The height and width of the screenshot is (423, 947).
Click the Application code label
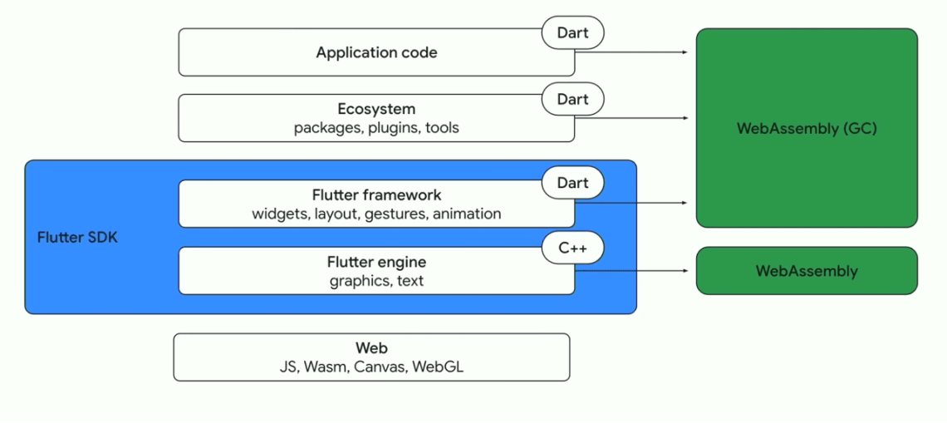(376, 53)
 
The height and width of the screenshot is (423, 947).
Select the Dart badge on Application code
(572, 33)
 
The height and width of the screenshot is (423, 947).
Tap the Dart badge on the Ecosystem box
(572, 99)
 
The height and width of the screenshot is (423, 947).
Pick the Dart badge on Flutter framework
(572, 183)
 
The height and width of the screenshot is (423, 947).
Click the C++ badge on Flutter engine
(572, 248)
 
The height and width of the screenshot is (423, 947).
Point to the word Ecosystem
(376, 109)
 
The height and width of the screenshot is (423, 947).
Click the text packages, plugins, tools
(376, 128)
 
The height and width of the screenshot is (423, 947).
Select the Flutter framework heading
(376, 195)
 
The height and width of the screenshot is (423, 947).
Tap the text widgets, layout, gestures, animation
(376, 214)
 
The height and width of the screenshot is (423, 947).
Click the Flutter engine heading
(376, 262)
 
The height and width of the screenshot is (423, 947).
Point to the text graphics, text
(376, 281)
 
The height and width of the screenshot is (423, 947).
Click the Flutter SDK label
(77, 238)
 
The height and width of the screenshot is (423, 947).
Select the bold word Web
(371, 348)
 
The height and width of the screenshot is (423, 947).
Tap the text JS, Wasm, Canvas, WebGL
(371, 366)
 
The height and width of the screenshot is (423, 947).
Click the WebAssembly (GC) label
(807, 129)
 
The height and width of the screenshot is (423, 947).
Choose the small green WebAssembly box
(807, 271)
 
